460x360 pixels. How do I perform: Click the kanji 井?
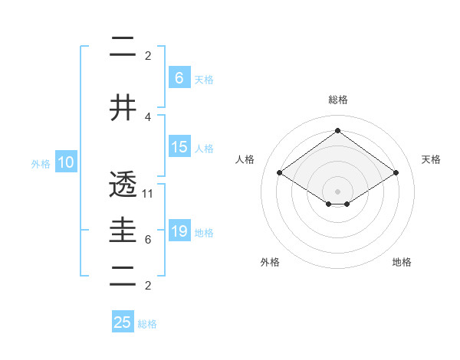tap(123, 107)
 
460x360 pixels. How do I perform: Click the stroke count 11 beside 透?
tap(148, 193)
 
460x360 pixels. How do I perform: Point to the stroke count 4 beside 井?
tap(148, 116)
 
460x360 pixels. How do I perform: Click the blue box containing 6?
tap(179, 77)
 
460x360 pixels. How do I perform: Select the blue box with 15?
tap(179, 147)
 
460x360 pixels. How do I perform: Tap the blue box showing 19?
tap(179, 231)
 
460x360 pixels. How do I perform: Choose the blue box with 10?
tap(65, 162)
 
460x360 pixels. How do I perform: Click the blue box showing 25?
tap(123, 322)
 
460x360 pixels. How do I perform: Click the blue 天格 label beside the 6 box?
tap(204, 79)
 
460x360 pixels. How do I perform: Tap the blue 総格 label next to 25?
tap(147, 324)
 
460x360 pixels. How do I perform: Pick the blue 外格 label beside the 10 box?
tap(41, 164)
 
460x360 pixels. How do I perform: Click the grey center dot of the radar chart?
tap(337, 191)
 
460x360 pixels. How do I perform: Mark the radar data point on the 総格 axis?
tap(337, 130)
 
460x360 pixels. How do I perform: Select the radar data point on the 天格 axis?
tap(396, 173)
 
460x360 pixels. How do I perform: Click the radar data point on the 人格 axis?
tap(279, 173)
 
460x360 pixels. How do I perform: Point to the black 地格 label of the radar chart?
tap(402, 262)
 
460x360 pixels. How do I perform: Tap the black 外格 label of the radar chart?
tap(270, 262)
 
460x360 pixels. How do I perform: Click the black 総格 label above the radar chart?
tap(337, 100)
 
